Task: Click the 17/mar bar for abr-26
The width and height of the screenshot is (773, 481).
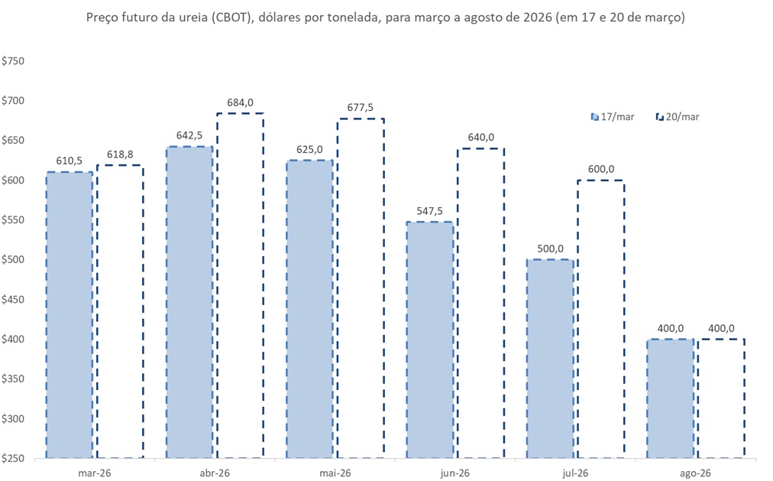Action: [x=189, y=302]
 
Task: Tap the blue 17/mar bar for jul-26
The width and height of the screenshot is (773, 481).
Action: [x=550, y=359]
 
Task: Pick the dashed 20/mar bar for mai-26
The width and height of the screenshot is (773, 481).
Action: [x=361, y=288]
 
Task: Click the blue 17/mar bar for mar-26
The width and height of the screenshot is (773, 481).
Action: [x=70, y=314]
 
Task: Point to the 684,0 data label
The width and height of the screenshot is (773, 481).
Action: [x=241, y=102]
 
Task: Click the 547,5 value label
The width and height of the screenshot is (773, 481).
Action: [x=430, y=211]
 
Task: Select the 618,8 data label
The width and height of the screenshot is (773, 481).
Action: [x=120, y=154]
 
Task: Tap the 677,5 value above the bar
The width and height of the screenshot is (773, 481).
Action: [x=361, y=108]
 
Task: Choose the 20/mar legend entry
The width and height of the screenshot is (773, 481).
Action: [x=678, y=117]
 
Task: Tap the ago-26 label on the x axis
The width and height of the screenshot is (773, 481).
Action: [x=695, y=473]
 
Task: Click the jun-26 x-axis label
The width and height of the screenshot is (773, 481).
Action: [x=455, y=473]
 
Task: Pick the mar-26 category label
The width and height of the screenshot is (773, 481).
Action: [x=94, y=473]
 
